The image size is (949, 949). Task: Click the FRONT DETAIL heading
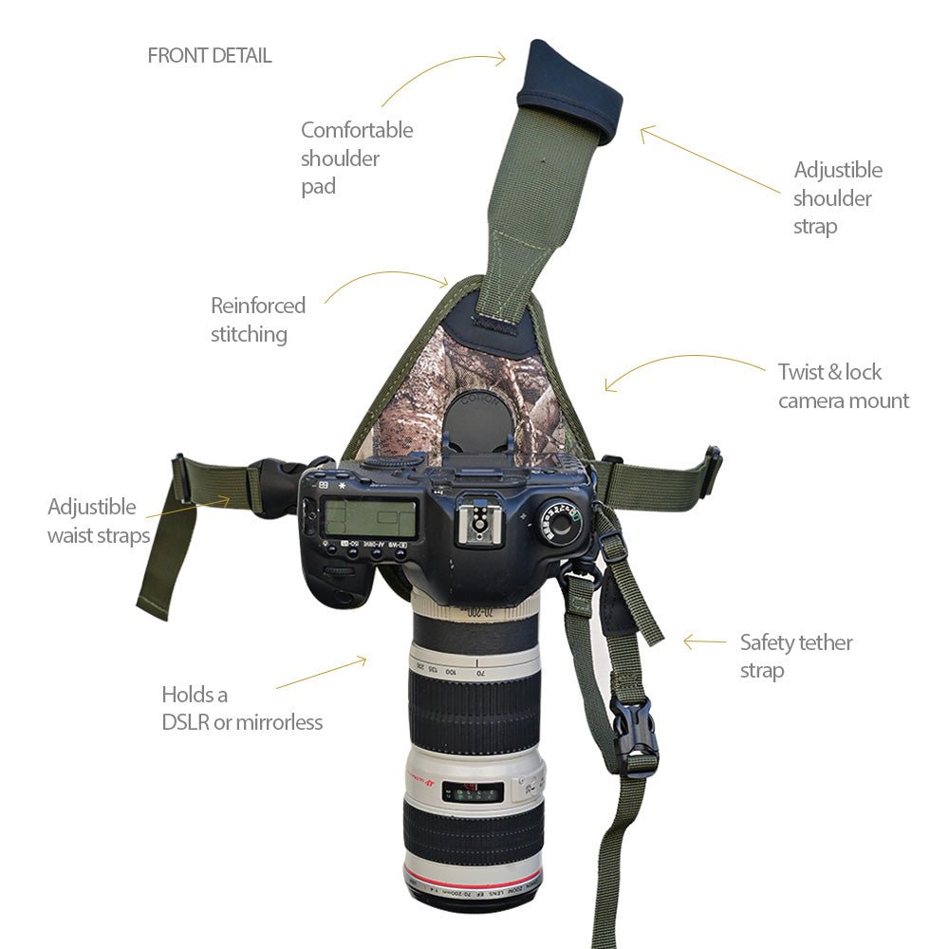tap(210, 56)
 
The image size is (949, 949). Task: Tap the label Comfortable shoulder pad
tap(357, 158)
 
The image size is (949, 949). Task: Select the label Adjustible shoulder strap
tap(837, 197)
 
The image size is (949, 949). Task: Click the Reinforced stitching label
tap(258, 320)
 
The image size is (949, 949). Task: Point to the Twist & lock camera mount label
tap(843, 386)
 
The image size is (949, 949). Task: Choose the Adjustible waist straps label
tap(99, 521)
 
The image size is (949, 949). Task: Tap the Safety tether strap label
tap(795, 656)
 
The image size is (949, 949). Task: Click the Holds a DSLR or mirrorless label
tap(242, 708)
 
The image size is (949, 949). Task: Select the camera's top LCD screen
tap(369, 520)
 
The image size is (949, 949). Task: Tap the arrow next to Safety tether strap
tap(703, 642)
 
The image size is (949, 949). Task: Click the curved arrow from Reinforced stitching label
tap(389, 279)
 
